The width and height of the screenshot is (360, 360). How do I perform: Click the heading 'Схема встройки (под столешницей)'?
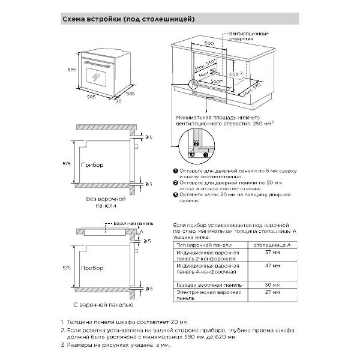(137, 19)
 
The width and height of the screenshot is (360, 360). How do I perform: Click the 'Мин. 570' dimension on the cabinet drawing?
(254, 91)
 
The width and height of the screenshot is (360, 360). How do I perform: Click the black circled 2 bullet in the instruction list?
(176, 182)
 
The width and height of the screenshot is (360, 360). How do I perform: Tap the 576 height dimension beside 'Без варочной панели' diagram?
(67, 163)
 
